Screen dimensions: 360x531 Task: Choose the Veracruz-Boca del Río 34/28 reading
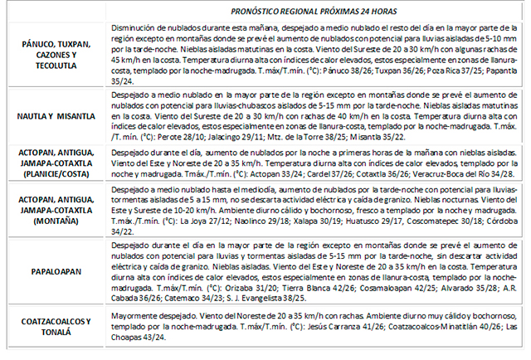(x=449, y=177)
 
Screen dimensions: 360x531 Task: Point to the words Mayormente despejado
(x=147, y=317)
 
